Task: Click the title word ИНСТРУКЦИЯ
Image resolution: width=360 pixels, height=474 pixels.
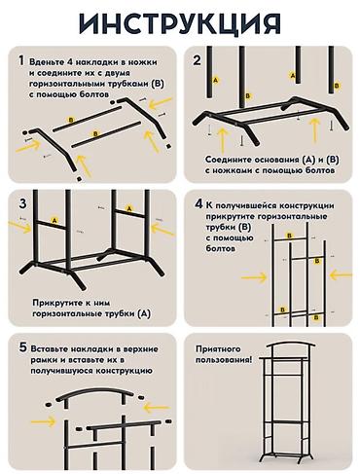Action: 180,23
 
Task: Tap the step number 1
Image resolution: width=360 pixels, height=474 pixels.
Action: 21,60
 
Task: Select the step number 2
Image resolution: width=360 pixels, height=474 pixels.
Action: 198,60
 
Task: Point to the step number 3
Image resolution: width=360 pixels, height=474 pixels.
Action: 22,203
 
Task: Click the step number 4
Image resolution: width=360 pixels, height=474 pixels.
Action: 198,204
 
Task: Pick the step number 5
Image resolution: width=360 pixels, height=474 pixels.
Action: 22,347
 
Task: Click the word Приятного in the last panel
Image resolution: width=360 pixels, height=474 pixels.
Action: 218,349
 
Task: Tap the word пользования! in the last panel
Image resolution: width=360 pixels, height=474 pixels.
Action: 224,360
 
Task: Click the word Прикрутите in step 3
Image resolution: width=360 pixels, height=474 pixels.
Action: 55,303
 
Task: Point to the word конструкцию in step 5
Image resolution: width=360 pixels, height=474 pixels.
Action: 123,371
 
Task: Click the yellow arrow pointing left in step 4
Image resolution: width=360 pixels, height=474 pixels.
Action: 341,275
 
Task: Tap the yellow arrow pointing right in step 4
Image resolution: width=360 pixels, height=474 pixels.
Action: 254,277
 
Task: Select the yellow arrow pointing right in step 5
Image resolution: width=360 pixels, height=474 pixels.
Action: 44,421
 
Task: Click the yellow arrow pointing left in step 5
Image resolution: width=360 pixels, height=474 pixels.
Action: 157,408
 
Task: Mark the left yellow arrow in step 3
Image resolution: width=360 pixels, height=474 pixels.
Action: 20,226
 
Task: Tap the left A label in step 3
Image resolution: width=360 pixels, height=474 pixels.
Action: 54,220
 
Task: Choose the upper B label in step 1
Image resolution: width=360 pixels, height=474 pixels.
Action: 71,120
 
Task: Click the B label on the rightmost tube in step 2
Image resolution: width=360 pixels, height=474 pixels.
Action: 337,86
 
